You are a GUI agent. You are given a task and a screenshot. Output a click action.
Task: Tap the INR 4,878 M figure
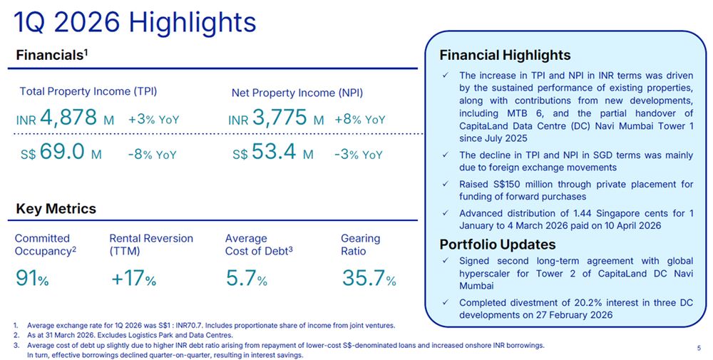(65, 118)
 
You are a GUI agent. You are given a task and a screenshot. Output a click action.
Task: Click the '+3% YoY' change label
(153, 120)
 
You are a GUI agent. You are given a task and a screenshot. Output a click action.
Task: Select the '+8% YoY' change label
(359, 120)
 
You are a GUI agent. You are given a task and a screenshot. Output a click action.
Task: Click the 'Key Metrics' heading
(56, 209)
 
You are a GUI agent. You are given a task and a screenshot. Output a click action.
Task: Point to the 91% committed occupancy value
(32, 278)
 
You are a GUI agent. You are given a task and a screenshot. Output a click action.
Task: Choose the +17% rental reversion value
(133, 278)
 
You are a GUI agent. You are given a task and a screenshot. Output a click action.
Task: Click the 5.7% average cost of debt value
(246, 278)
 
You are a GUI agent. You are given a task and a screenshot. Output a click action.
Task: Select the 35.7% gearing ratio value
(368, 278)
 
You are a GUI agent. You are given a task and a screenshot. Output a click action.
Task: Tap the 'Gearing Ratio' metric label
(360, 245)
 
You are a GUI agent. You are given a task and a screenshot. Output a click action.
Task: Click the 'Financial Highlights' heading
(505, 55)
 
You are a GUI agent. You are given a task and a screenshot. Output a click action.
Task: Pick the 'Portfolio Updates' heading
(498, 245)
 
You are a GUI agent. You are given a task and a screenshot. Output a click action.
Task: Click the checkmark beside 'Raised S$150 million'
(445, 185)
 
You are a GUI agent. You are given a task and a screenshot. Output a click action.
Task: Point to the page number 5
(697, 347)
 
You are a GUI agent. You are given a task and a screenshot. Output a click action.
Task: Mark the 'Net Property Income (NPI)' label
(297, 93)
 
